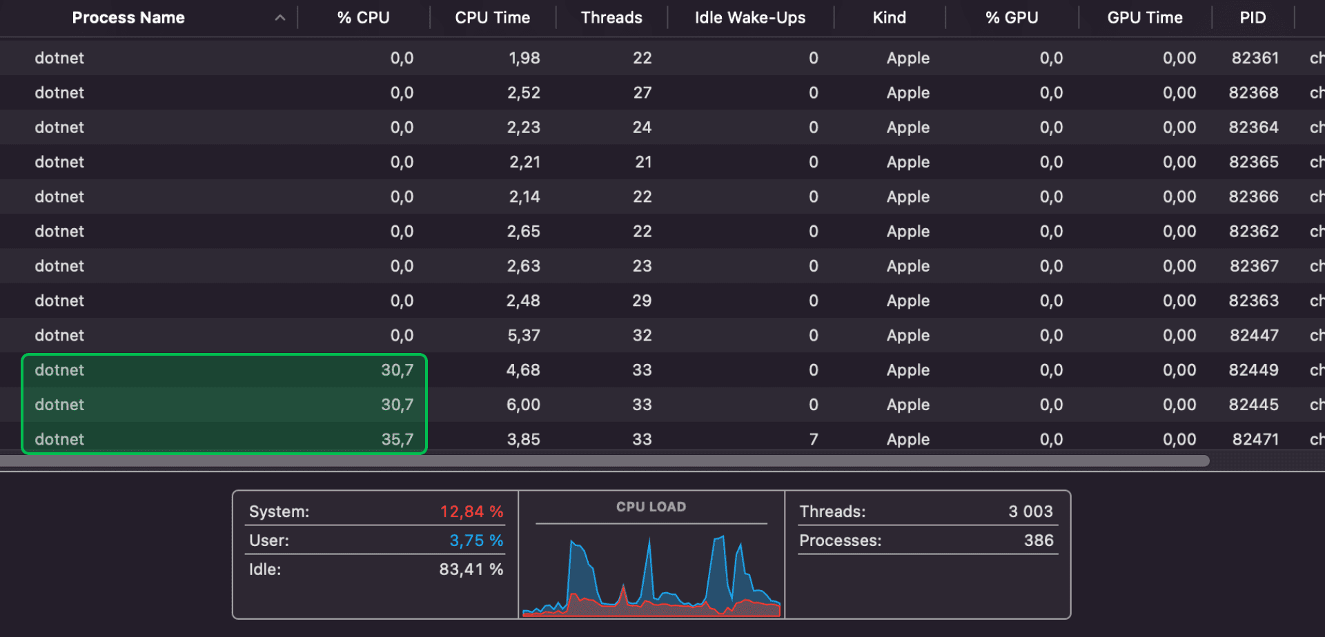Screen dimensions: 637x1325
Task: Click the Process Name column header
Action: coord(128,18)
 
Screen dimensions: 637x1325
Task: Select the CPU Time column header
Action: coord(492,18)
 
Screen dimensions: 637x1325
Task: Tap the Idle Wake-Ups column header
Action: coord(749,18)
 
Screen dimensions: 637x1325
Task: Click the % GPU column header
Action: coord(1011,18)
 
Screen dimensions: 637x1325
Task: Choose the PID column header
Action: coord(1253,18)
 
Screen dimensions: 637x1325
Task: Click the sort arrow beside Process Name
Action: coord(280,18)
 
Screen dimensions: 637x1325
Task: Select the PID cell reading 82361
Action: coord(1255,58)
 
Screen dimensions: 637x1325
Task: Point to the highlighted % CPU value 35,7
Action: coord(397,440)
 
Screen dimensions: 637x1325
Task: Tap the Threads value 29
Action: coord(642,301)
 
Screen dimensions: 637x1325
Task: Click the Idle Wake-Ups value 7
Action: coord(814,440)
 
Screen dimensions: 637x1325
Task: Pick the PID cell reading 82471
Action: coord(1255,440)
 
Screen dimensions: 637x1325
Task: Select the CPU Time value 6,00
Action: coord(523,405)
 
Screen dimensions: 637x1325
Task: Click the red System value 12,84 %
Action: coord(471,512)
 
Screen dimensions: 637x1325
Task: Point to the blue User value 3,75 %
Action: coord(476,540)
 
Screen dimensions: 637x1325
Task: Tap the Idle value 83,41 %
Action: coord(471,569)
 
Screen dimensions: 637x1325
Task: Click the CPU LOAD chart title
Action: coord(651,507)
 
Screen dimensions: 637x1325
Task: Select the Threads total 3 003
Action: coord(1030,512)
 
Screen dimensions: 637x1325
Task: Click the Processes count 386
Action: coord(1039,540)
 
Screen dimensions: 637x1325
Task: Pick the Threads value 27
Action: coord(642,93)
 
